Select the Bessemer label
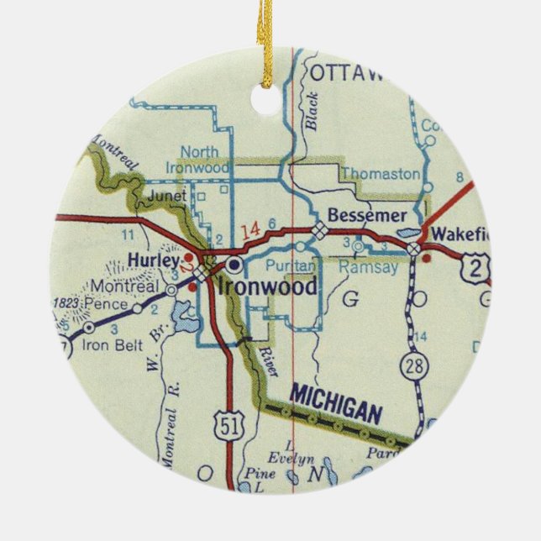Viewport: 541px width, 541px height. [366, 216]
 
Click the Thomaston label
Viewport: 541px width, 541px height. [381, 174]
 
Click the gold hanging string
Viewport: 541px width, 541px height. [267, 34]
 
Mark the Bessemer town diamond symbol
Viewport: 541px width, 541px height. [319, 229]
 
